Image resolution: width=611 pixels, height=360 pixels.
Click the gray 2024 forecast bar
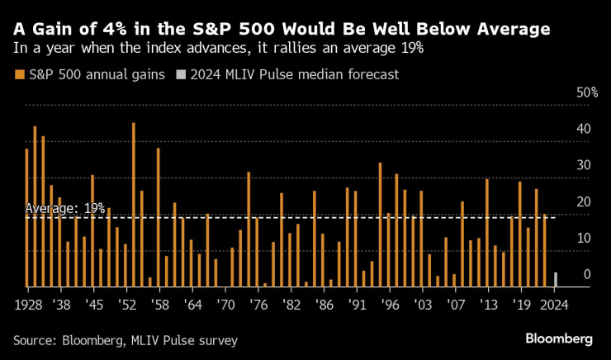(x=555, y=279)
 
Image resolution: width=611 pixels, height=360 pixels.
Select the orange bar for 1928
(x=26, y=218)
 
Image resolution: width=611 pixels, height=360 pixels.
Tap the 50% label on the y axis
(x=586, y=92)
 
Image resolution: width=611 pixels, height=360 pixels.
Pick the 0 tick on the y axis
(x=585, y=274)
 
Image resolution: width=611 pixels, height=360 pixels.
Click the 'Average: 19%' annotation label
(x=65, y=209)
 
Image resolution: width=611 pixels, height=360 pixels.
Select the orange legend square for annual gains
(x=19, y=75)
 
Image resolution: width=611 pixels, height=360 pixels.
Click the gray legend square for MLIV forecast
(x=181, y=75)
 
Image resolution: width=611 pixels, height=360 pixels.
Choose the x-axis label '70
(x=224, y=303)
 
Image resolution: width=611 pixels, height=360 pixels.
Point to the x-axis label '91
(x=356, y=303)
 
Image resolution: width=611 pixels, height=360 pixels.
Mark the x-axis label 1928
(x=29, y=303)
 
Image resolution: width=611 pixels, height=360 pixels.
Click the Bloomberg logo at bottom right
(x=560, y=339)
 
